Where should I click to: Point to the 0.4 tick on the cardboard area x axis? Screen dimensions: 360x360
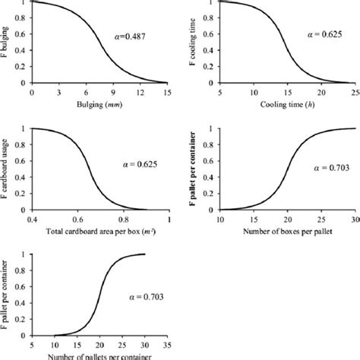(x=32, y=218)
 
